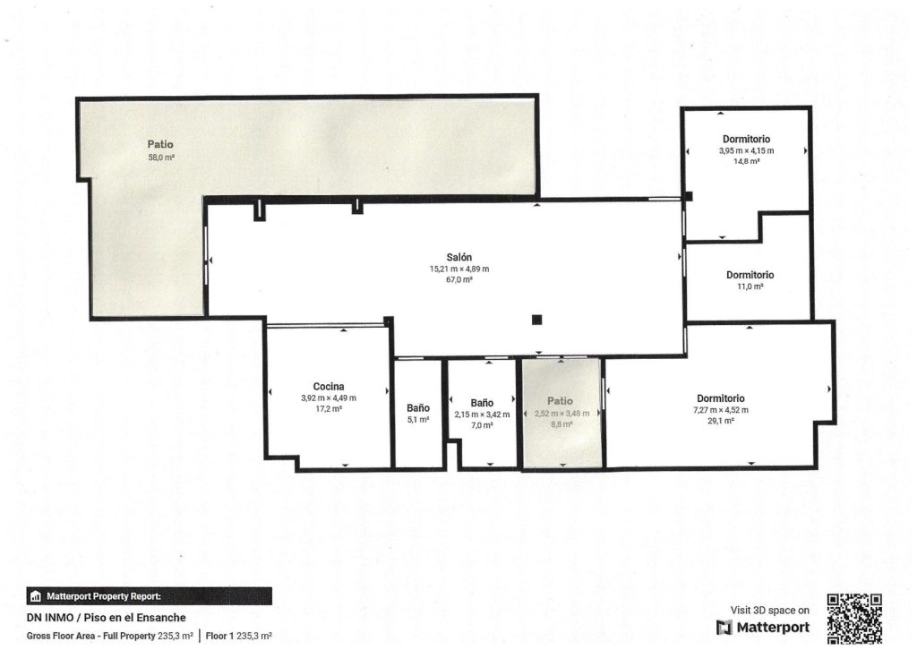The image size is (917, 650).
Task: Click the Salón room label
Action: (459, 257)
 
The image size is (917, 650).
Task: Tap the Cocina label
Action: (329, 387)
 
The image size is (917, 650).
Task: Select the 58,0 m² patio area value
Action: (161, 158)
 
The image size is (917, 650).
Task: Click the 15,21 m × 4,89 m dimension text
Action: (459, 269)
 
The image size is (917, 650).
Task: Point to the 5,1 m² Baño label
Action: (418, 408)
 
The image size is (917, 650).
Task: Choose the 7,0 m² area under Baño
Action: (482, 425)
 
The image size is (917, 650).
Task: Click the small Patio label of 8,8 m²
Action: (560, 401)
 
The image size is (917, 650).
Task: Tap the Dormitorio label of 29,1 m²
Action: (721, 398)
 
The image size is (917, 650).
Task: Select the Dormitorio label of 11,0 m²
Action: (750, 275)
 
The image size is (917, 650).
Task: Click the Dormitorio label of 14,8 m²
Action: (746, 139)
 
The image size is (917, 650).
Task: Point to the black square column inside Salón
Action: (537, 320)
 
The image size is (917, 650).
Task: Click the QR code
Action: (855, 619)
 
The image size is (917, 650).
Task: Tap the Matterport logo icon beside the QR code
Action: (724, 628)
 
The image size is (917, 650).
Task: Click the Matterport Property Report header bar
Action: (150, 596)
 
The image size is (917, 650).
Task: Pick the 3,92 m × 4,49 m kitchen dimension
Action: (329, 398)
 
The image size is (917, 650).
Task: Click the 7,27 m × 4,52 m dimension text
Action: (721, 410)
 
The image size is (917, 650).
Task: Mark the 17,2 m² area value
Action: (329, 409)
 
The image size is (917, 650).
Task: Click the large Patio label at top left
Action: (160, 144)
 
